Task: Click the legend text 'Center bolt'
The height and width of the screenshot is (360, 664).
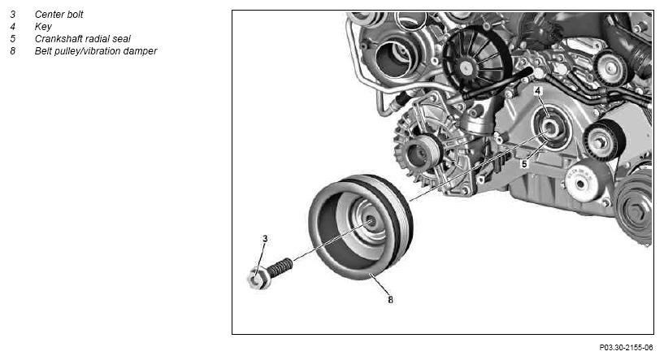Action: [x=59, y=15]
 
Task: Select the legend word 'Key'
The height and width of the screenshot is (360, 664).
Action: [x=43, y=27]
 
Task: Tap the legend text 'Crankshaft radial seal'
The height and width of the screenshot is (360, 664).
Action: [x=83, y=39]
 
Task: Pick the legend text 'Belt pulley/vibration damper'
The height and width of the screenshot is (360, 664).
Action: [x=96, y=51]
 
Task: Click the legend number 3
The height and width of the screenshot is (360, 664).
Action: [x=13, y=15]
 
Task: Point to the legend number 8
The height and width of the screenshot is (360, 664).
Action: [x=13, y=51]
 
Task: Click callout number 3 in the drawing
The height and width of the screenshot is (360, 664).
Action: [x=265, y=238]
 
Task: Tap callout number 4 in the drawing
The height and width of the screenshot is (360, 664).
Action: [x=538, y=91]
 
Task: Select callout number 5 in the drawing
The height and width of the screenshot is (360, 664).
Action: [x=524, y=164]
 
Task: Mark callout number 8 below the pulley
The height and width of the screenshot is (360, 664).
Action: [x=390, y=299]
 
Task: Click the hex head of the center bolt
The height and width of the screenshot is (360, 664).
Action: [x=258, y=278]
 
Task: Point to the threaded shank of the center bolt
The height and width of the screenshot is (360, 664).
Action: [x=280, y=267]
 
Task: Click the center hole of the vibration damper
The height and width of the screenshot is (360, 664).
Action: [x=371, y=221]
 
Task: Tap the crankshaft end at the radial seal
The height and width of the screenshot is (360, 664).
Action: [x=550, y=128]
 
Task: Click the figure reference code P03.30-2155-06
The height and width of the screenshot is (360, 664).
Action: [x=626, y=348]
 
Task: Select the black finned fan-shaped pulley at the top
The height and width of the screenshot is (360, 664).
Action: [x=471, y=61]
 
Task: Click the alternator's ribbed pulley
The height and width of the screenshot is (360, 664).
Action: [x=423, y=153]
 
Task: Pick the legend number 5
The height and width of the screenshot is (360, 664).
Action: [x=13, y=39]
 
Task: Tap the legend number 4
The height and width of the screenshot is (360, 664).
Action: [x=13, y=27]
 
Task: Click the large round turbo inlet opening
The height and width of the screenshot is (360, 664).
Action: [x=393, y=59]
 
